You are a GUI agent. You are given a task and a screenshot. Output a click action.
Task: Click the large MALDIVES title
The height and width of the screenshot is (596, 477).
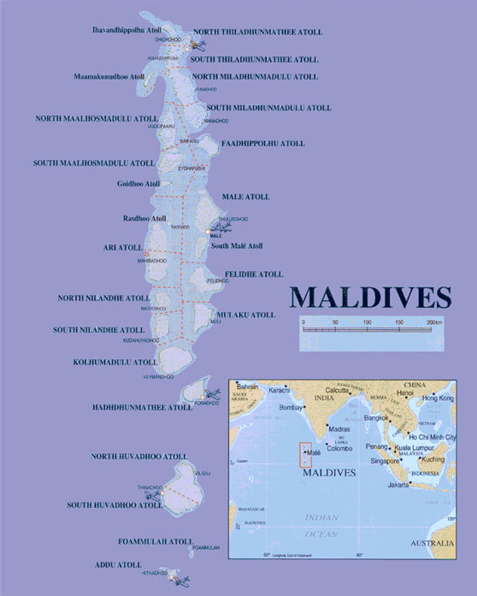[369, 296]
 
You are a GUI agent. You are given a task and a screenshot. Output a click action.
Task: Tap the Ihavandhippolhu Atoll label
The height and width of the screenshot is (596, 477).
[127, 30]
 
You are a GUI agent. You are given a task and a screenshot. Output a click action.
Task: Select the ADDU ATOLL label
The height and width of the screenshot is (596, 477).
[118, 565]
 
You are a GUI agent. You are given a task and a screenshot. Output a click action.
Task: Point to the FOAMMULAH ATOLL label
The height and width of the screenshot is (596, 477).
[155, 541]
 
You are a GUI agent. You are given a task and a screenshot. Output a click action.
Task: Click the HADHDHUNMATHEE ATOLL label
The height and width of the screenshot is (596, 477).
[143, 408]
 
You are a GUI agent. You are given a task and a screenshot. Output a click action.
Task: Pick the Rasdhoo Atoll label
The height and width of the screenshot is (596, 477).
[142, 217]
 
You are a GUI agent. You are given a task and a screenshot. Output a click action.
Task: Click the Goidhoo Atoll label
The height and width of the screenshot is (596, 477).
[138, 184]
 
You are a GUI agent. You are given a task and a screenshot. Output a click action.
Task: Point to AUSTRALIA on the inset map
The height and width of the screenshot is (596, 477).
[432, 545]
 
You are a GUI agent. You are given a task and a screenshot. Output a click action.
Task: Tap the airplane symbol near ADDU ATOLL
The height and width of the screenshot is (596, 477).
[178, 579]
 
